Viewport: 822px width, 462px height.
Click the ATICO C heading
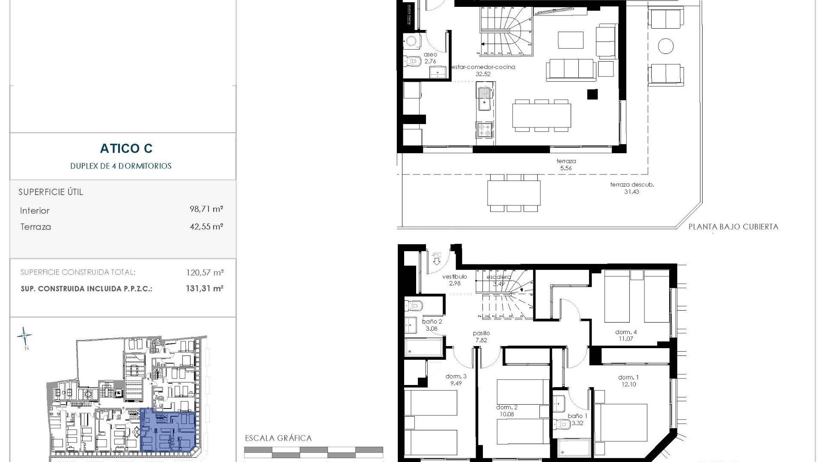click(126, 148)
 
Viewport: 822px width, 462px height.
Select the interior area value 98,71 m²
click(206, 209)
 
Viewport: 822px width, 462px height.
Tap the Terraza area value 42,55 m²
click(206, 226)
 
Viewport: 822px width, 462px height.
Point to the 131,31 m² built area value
click(205, 288)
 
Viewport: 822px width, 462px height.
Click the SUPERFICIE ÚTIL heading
click(51, 192)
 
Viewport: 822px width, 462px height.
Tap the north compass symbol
click(24, 337)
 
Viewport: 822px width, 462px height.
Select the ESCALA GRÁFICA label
click(278, 438)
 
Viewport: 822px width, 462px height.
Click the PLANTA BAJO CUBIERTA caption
click(733, 227)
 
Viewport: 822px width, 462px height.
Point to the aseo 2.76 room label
click(430, 58)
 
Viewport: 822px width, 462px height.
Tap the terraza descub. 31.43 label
click(632, 188)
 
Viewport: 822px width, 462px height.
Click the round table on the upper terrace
click(666, 46)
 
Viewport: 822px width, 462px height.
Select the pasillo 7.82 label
click(481, 337)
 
